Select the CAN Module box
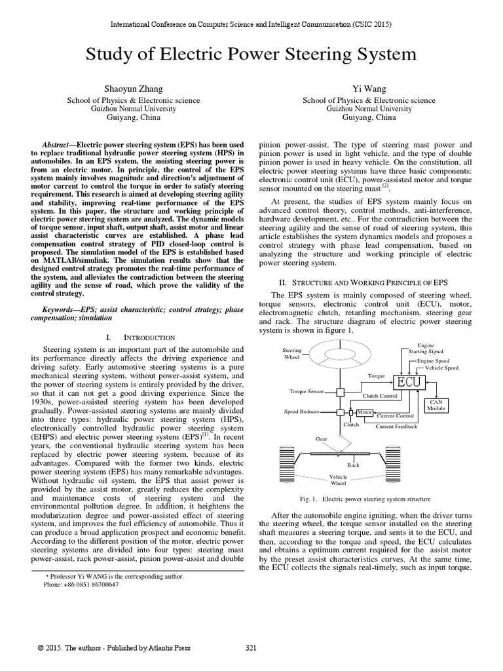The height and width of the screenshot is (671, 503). (436, 404)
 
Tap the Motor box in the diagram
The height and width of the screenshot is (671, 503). (365, 412)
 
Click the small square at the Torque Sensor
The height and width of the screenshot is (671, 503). (341, 392)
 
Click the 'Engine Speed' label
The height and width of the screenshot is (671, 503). (434, 361)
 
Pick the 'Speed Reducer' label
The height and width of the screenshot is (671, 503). (301, 412)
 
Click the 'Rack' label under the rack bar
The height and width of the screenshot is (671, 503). (354, 465)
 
